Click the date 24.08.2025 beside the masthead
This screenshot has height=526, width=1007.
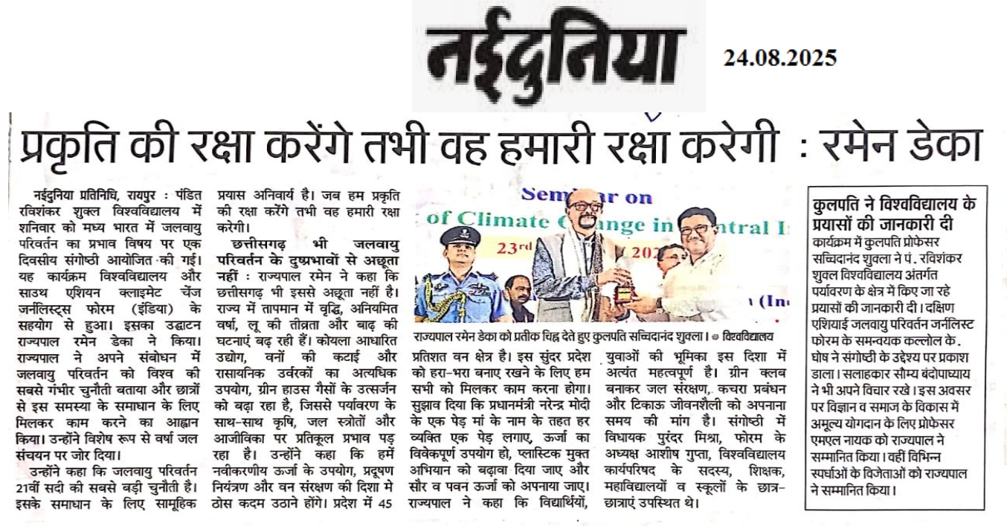779,57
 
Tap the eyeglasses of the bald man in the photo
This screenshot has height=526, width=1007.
584,206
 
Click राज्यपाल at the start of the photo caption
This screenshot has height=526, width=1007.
440,336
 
